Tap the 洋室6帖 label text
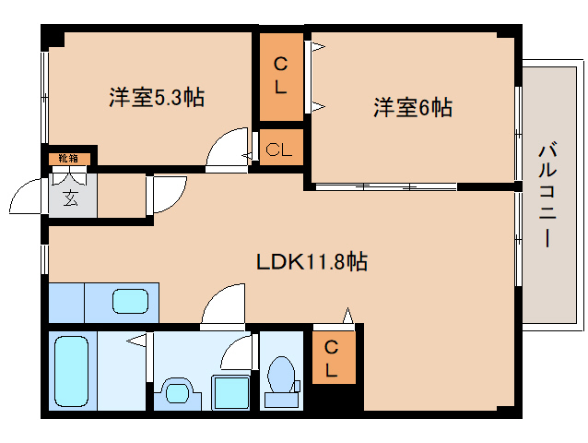(412, 108)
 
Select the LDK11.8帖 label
(312, 262)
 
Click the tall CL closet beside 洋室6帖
(280, 78)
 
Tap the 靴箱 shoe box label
(68, 159)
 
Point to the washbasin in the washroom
(175, 392)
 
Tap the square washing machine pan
(226, 391)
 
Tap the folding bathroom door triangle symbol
(137, 342)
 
